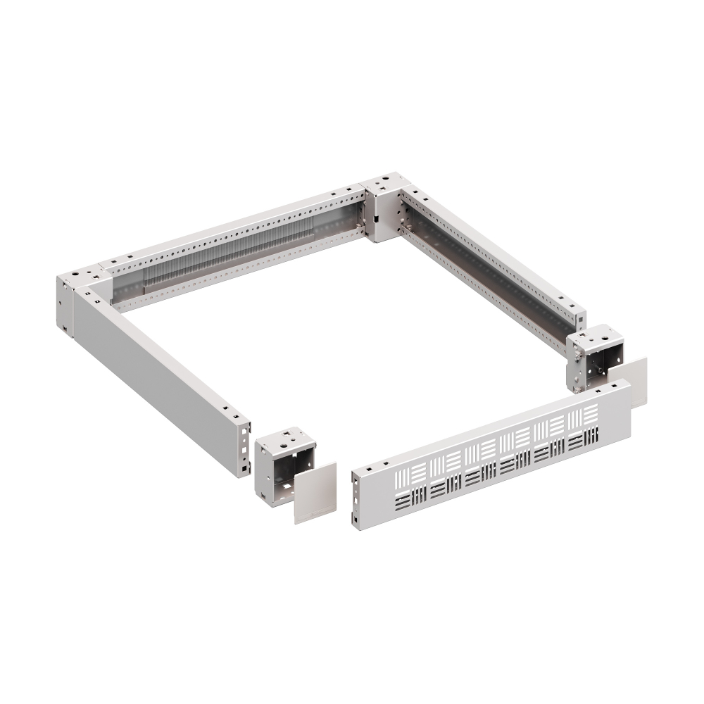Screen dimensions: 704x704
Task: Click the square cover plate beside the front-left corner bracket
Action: point(314,493)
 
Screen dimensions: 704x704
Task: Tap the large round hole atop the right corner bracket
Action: point(596,336)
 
